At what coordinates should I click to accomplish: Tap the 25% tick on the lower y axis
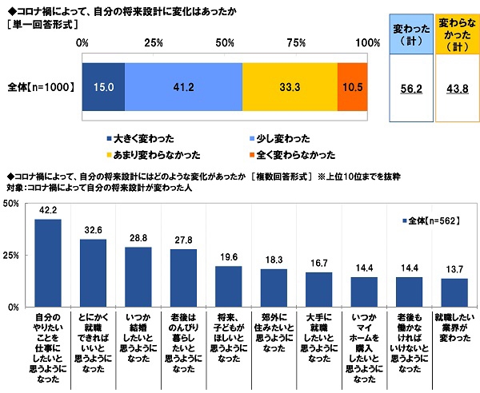(12, 256)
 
